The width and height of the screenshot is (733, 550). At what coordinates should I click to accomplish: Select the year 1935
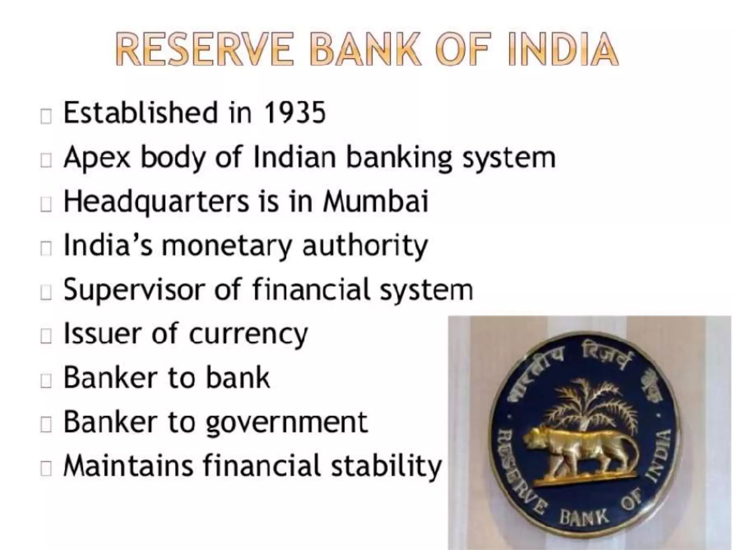(294, 113)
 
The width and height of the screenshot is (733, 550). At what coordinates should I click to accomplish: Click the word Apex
(97, 158)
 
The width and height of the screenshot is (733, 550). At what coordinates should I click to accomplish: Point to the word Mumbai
(375, 201)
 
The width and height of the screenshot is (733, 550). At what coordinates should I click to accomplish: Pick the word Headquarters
(156, 202)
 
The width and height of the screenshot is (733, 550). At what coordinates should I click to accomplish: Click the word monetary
(227, 246)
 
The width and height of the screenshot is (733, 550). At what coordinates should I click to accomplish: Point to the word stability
(387, 467)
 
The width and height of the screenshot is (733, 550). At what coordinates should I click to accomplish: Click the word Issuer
(102, 333)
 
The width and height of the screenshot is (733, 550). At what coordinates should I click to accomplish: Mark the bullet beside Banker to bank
(46, 381)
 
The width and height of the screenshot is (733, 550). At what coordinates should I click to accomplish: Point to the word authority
(365, 246)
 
